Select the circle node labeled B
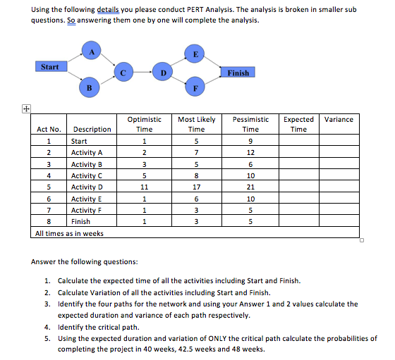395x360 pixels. point(89,88)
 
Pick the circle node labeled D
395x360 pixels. point(163,71)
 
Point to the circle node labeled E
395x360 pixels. point(195,52)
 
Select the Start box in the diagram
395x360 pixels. point(50,67)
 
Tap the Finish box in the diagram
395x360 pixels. point(238,73)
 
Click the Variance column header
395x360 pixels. point(339,120)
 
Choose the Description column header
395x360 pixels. point(92,130)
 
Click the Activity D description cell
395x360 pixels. point(87,187)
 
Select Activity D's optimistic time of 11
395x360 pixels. point(144,187)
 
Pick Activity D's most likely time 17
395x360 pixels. point(197,187)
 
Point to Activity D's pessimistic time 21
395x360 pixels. point(250,187)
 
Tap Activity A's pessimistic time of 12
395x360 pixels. point(250,153)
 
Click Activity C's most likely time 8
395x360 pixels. point(197,175)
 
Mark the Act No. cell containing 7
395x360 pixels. point(49,210)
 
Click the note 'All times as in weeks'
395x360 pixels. point(69,233)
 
